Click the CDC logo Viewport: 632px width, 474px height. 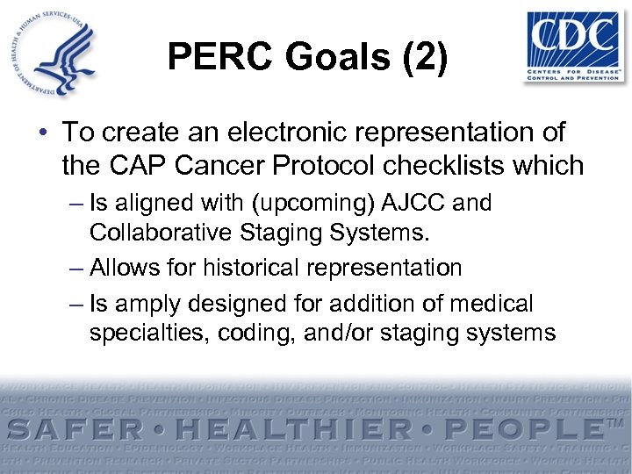point(572,47)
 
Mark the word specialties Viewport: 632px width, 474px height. point(143,333)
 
